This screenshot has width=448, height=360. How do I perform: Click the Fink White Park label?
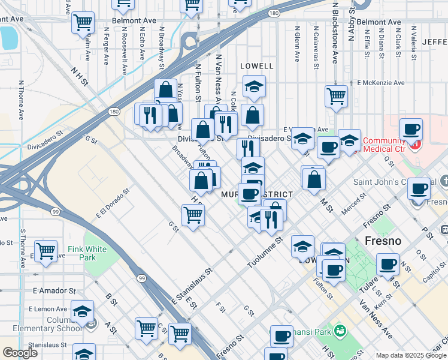tap(87, 253)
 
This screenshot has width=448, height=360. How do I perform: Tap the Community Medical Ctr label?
tap(388, 145)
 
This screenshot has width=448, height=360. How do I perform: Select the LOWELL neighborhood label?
tap(256, 66)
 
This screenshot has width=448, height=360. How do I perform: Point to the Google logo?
tap(20, 353)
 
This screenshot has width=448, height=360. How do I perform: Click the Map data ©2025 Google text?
tap(411, 355)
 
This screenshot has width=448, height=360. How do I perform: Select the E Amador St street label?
tap(53, 290)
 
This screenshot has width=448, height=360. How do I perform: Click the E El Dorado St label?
tap(112, 204)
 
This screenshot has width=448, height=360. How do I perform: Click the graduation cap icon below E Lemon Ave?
tap(82, 311)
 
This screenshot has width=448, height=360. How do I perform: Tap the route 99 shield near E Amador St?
tap(142, 278)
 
